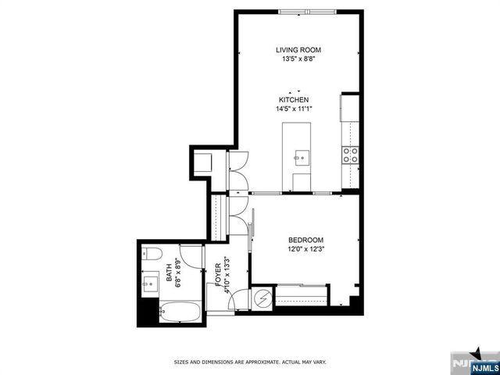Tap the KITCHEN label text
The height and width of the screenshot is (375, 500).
tap(295, 100)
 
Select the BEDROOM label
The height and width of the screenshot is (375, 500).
tap(305, 240)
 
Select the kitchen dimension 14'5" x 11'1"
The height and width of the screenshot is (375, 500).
tap(295, 109)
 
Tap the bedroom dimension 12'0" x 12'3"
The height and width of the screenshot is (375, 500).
tap(305, 249)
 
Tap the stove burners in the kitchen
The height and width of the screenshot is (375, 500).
tap(352, 154)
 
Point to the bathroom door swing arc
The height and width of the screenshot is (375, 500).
tap(238, 301)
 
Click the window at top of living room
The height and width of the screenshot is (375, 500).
tap(306, 11)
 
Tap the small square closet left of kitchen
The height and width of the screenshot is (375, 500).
tap(202, 163)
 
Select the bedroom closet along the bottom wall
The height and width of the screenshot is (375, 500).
tap(301, 296)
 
